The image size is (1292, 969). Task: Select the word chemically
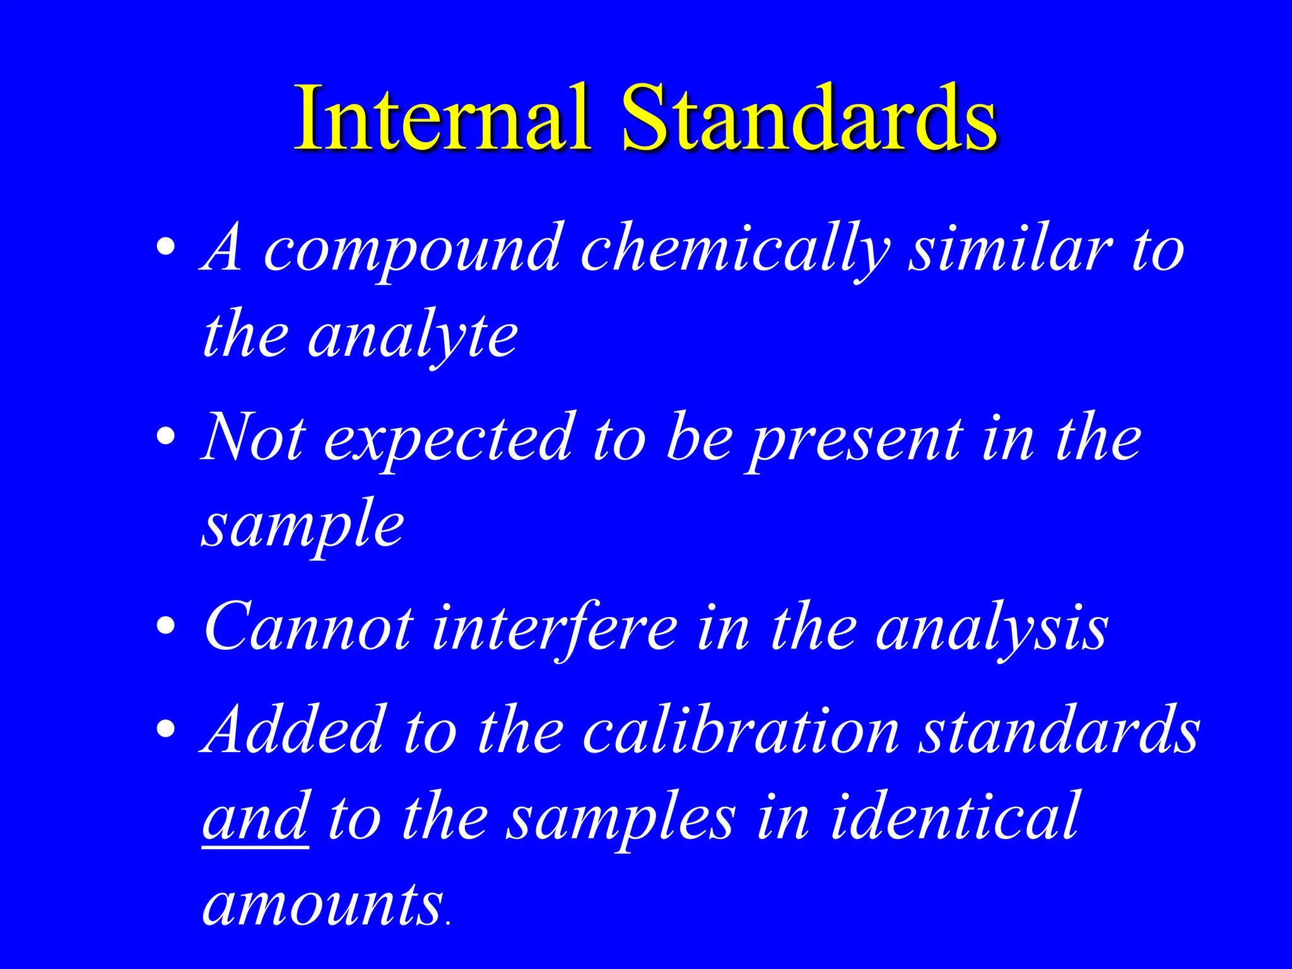click(x=735, y=251)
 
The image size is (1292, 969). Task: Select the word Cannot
click(x=309, y=627)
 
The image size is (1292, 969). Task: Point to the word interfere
click(x=555, y=628)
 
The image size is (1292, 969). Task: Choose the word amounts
click(x=322, y=905)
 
